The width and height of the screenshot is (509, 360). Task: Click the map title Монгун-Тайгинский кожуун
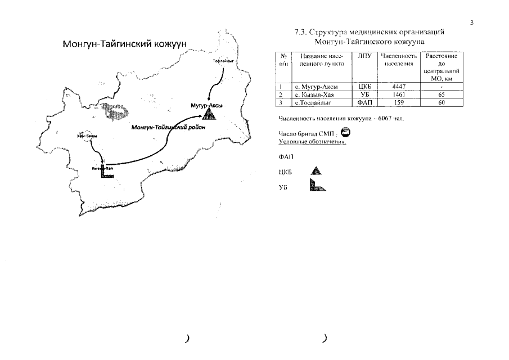[x=124, y=44]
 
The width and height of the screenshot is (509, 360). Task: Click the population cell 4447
[x=399, y=87]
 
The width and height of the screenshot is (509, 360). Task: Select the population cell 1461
[x=399, y=94]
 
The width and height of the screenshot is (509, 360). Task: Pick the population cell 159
[x=399, y=102]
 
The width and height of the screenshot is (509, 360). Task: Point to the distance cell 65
[x=442, y=94]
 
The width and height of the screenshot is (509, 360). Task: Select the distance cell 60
[x=442, y=102]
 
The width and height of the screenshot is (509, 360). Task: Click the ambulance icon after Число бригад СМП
[x=345, y=133]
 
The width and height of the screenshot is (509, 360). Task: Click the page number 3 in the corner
[x=472, y=22]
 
